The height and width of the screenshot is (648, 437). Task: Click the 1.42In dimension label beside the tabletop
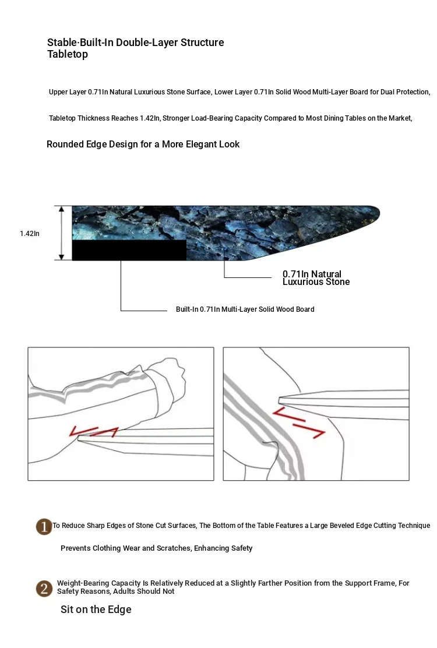pyautogui.click(x=30, y=234)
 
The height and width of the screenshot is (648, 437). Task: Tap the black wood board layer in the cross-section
pyautogui.click(x=129, y=250)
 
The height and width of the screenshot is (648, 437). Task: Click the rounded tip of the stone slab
pyautogui.click(x=377, y=213)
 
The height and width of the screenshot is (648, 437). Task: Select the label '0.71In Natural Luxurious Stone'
pyautogui.click(x=316, y=278)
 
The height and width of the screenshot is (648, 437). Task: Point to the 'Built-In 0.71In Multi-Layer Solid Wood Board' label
pyautogui.click(x=245, y=309)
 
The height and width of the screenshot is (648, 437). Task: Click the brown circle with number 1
pyautogui.click(x=44, y=527)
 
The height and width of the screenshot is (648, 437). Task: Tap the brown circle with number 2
pyautogui.click(x=44, y=589)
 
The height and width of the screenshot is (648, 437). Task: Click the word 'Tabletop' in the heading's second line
pyautogui.click(x=68, y=54)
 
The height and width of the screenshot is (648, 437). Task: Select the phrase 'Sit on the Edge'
pyautogui.click(x=96, y=610)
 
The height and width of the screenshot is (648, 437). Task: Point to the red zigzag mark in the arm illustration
pyautogui.click(x=94, y=431)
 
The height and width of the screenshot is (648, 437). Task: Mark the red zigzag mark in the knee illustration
pyautogui.click(x=299, y=422)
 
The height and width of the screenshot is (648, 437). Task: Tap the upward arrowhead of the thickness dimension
pyautogui.click(x=62, y=209)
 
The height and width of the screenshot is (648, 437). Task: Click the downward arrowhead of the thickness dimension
pyautogui.click(x=62, y=257)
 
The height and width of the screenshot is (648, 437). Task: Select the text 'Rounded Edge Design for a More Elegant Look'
pyautogui.click(x=143, y=145)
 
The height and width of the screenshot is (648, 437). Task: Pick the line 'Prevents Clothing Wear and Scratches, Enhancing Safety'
pyautogui.click(x=157, y=548)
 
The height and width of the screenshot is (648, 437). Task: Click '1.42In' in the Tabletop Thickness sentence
pyautogui.click(x=150, y=118)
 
